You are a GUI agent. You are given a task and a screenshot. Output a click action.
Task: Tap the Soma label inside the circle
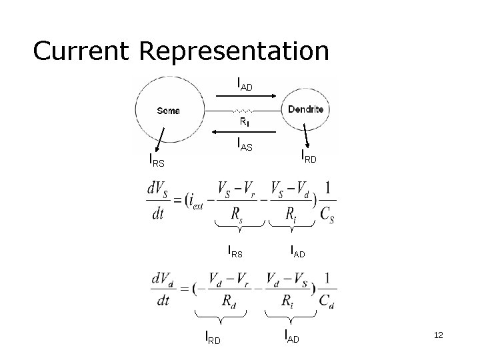pyautogui.click(x=168, y=111)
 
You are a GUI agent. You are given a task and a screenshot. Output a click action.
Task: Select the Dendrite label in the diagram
pyautogui.click(x=305, y=109)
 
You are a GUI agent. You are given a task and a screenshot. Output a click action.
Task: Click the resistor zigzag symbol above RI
pyautogui.click(x=243, y=110)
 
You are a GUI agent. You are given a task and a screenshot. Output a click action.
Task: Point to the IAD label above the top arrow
pyautogui.click(x=244, y=84)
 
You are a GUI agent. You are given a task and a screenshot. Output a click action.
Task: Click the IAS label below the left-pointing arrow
pyautogui.click(x=244, y=144)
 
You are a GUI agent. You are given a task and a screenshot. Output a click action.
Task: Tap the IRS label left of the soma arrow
pyautogui.click(x=156, y=160)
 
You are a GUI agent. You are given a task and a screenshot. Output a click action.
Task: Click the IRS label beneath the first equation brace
pyautogui.click(x=235, y=252)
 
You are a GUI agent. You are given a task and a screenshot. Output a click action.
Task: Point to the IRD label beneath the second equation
pyautogui.click(x=212, y=338)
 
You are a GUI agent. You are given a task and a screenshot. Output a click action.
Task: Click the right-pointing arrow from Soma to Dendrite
pyautogui.click(x=247, y=96)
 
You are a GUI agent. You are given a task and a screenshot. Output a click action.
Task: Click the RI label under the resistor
pyautogui.click(x=245, y=122)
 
